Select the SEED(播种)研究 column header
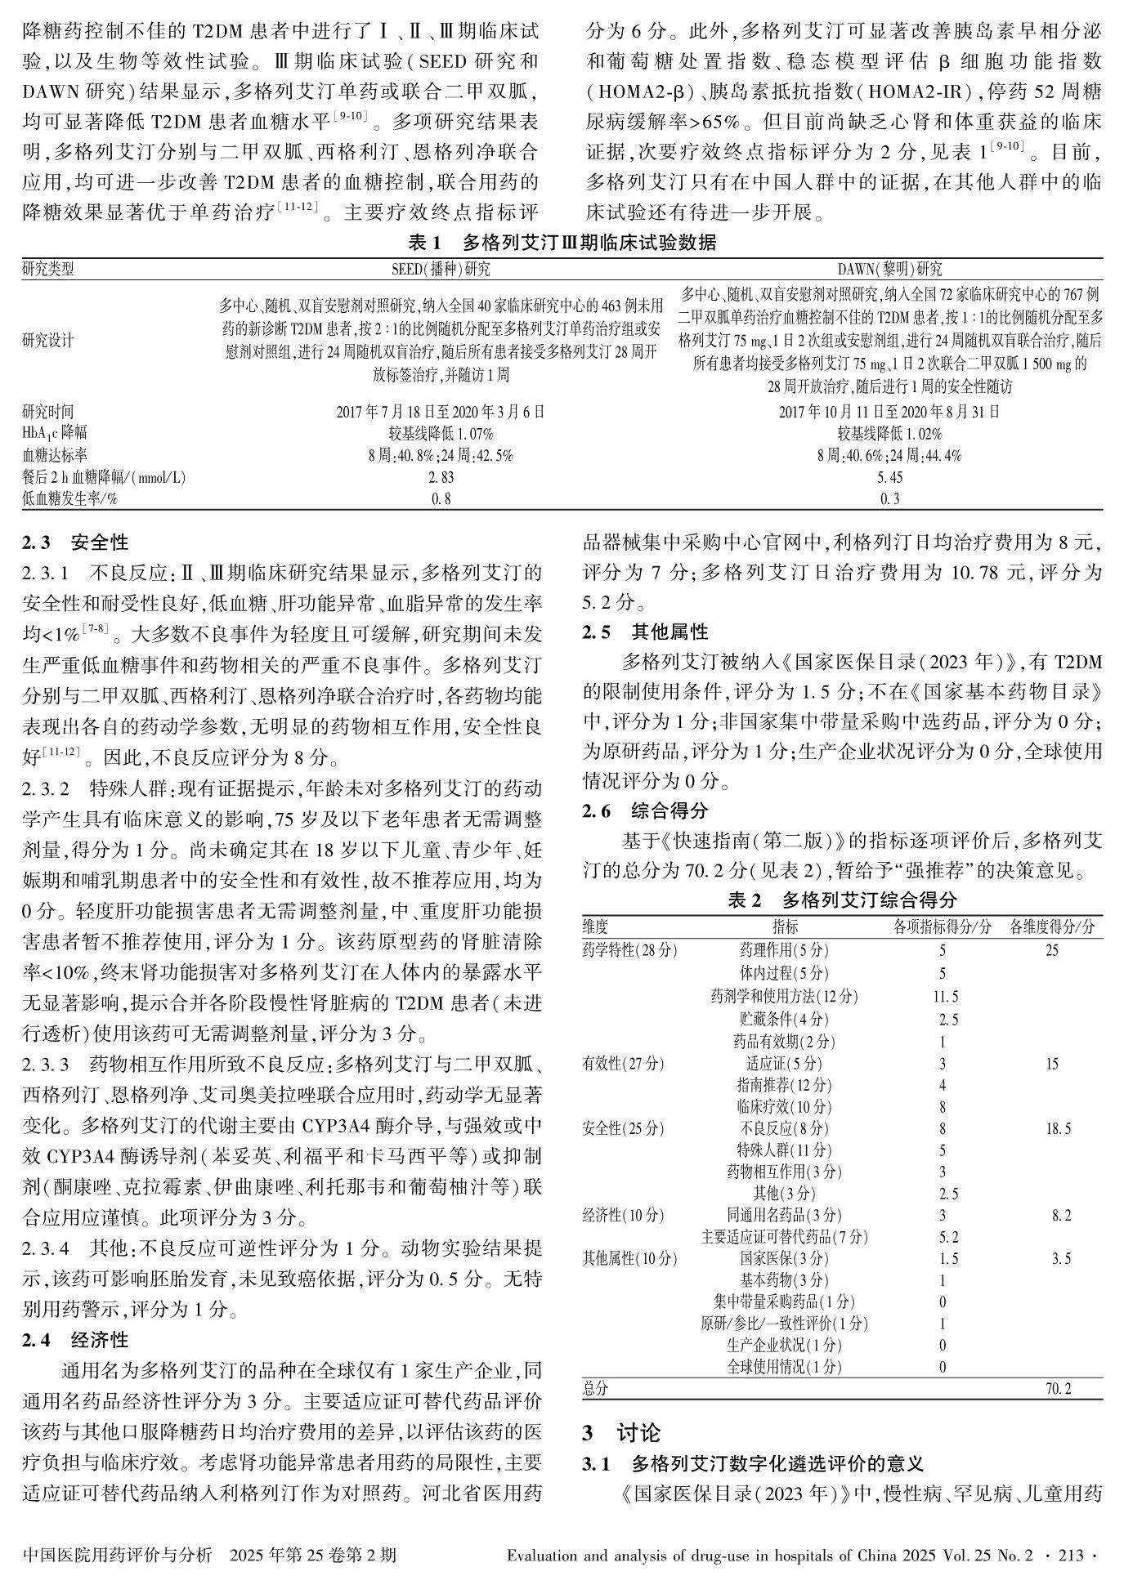pyautogui.click(x=441, y=269)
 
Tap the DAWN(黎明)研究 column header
pyautogui.click(x=889, y=269)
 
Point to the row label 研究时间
pyautogui.click(x=48, y=412)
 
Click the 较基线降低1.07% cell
pyautogui.click(x=441, y=434)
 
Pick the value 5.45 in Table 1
pyautogui.click(x=889, y=477)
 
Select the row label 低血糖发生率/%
pyautogui.click(x=70, y=499)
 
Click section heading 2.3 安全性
pyautogui.click(x=75, y=542)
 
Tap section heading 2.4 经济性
pyautogui.click(x=75, y=1341)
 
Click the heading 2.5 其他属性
pyautogui.click(x=645, y=632)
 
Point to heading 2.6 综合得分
pyautogui.click(x=645, y=811)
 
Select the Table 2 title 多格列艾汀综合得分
pyautogui.click(x=842, y=900)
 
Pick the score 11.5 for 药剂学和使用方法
pyautogui.click(x=946, y=997)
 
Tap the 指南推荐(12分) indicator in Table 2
pyautogui.click(x=784, y=1085)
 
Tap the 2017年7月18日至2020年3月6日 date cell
pyautogui.click(x=441, y=412)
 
